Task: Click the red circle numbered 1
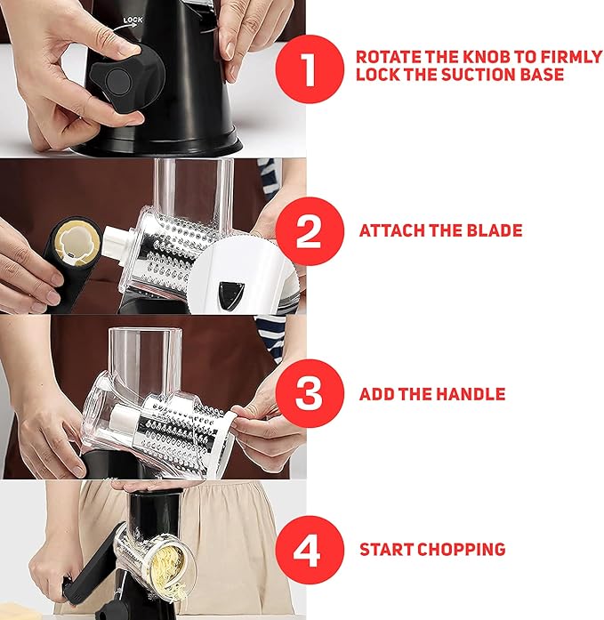tap(310, 69)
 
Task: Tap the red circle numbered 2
tap(310, 231)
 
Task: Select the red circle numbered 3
tap(310, 393)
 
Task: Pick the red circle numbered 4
tap(310, 550)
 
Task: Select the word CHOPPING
tap(462, 550)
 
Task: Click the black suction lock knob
tap(125, 78)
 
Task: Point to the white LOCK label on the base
tap(133, 20)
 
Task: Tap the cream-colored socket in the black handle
tap(77, 242)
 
